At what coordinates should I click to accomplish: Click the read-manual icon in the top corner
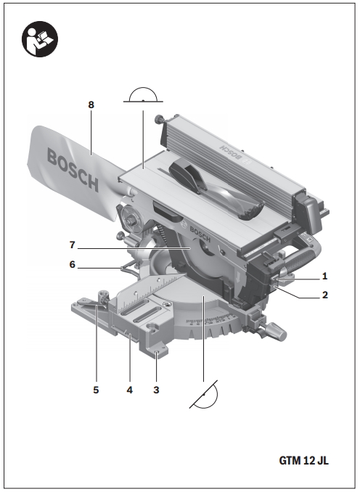40,39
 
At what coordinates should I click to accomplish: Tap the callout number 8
91,105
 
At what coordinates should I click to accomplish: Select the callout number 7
73,245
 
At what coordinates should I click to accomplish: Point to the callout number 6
73,264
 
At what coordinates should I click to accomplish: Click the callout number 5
96,390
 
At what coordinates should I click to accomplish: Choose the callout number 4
129,390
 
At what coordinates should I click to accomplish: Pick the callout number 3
156,390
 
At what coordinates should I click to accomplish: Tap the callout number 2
325,295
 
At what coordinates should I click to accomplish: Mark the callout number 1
324,277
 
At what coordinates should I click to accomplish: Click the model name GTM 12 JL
304,460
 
